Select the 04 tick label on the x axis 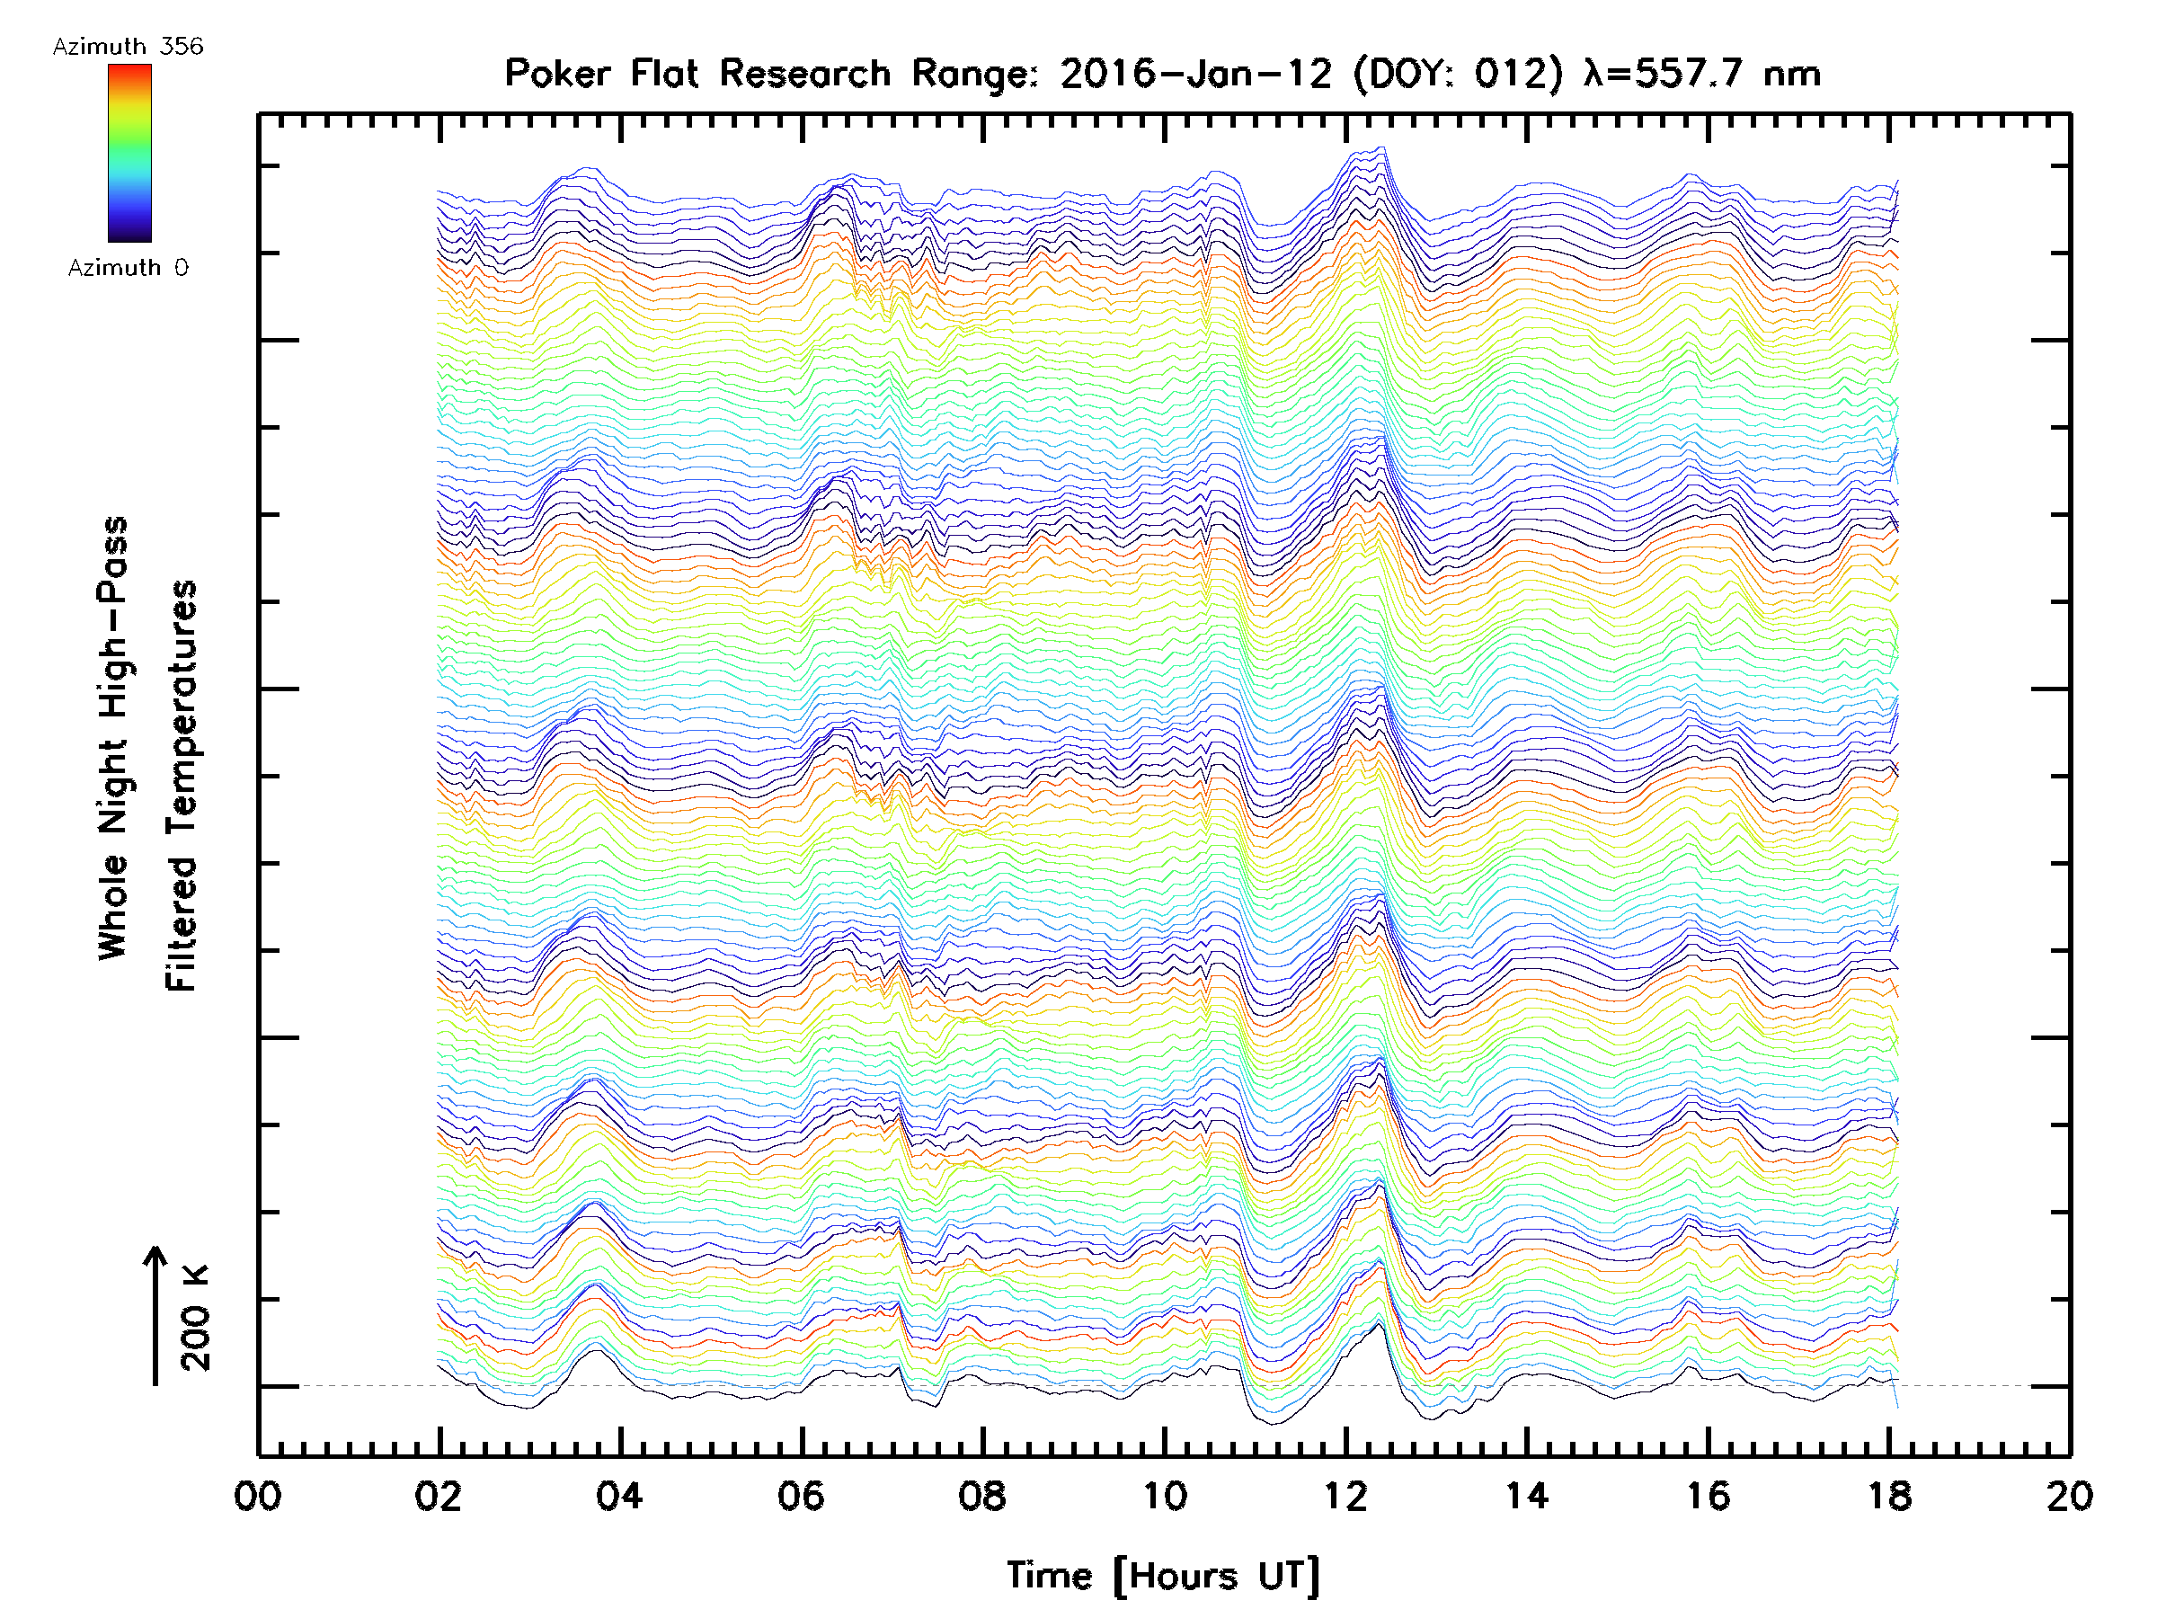pos(620,1496)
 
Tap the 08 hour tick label pos(982,1496)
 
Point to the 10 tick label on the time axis pos(1164,1496)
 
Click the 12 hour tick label pos(1345,1496)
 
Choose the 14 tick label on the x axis pos(1527,1496)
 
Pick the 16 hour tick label pos(1709,1496)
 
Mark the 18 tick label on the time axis pos(1890,1496)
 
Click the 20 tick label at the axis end pos(2069,1496)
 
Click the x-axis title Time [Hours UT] pos(1163,1576)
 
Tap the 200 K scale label pos(196,1318)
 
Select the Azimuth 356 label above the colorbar pos(128,47)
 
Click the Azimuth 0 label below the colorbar pos(128,267)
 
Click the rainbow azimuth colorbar pos(129,153)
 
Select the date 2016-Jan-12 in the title pos(1196,74)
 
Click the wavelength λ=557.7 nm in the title pos(1702,74)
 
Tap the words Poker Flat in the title pos(600,74)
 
